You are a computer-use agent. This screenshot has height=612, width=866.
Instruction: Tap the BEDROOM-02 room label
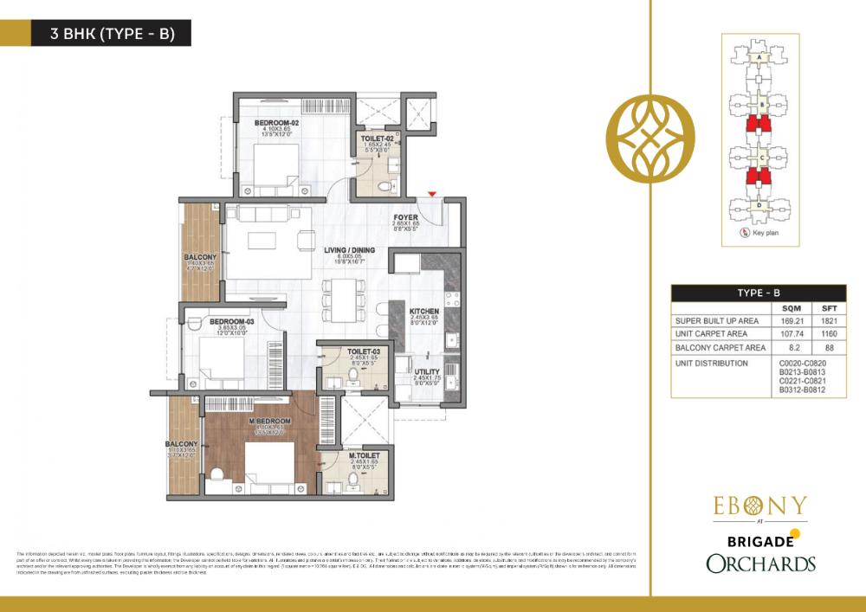point(276,124)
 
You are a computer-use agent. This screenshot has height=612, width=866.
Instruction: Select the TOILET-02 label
point(378,139)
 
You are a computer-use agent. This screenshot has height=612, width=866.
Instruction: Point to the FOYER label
point(405,218)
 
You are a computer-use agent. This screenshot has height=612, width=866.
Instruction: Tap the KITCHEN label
point(424,311)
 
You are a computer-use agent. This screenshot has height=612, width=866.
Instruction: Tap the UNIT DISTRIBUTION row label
point(712,364)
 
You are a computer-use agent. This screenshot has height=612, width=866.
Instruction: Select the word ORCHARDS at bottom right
point(760,564)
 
